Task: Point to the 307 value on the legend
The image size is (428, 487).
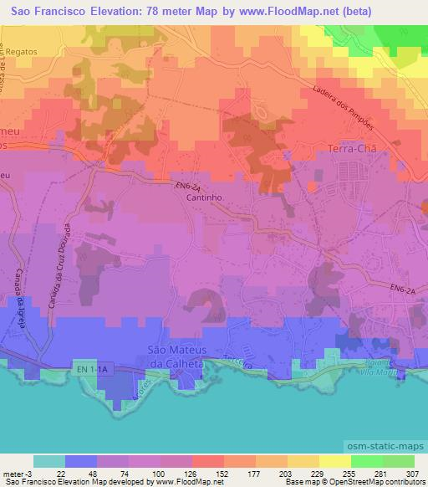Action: click(413, 473)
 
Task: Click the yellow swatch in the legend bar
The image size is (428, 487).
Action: click(334, 461)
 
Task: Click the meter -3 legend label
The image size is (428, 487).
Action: click(18, 473)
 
